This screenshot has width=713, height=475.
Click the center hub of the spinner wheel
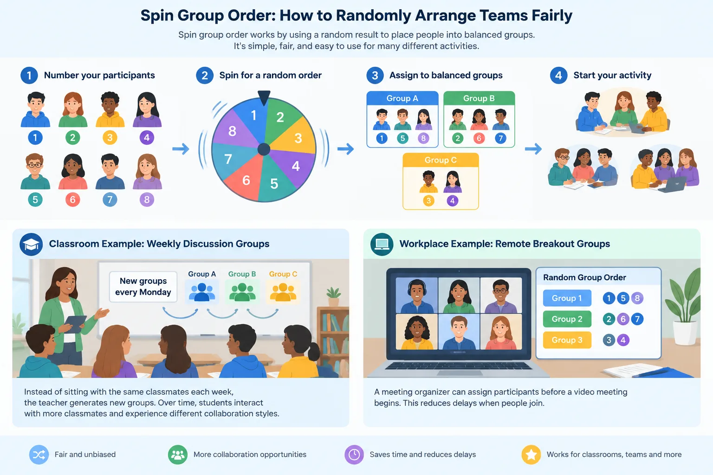(x=264, y=149)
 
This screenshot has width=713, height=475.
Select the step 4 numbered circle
(x=558, y=76)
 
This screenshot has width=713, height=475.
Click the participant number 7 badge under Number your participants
(x=110, y=200)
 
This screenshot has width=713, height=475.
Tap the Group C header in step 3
(x=441, y=160)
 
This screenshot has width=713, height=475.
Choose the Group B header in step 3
(x=479, y=98)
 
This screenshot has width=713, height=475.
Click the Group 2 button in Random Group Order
(x=567, y=319)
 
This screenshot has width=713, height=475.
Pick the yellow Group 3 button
(x=567, y=340)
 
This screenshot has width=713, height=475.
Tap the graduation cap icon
(x=31, y=244)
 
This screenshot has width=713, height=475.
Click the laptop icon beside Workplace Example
(x=382, y=244)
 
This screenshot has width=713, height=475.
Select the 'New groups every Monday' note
(x=143, y=287)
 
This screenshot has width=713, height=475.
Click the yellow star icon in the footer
(x=531, y=455)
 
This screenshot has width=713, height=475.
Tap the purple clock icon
(x=354, y=455)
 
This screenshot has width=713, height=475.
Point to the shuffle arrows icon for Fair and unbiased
(x=39, y=455)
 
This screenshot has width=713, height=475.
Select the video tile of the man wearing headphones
(x=416, y=295)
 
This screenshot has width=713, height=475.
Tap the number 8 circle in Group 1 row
(x=637, y=298)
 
